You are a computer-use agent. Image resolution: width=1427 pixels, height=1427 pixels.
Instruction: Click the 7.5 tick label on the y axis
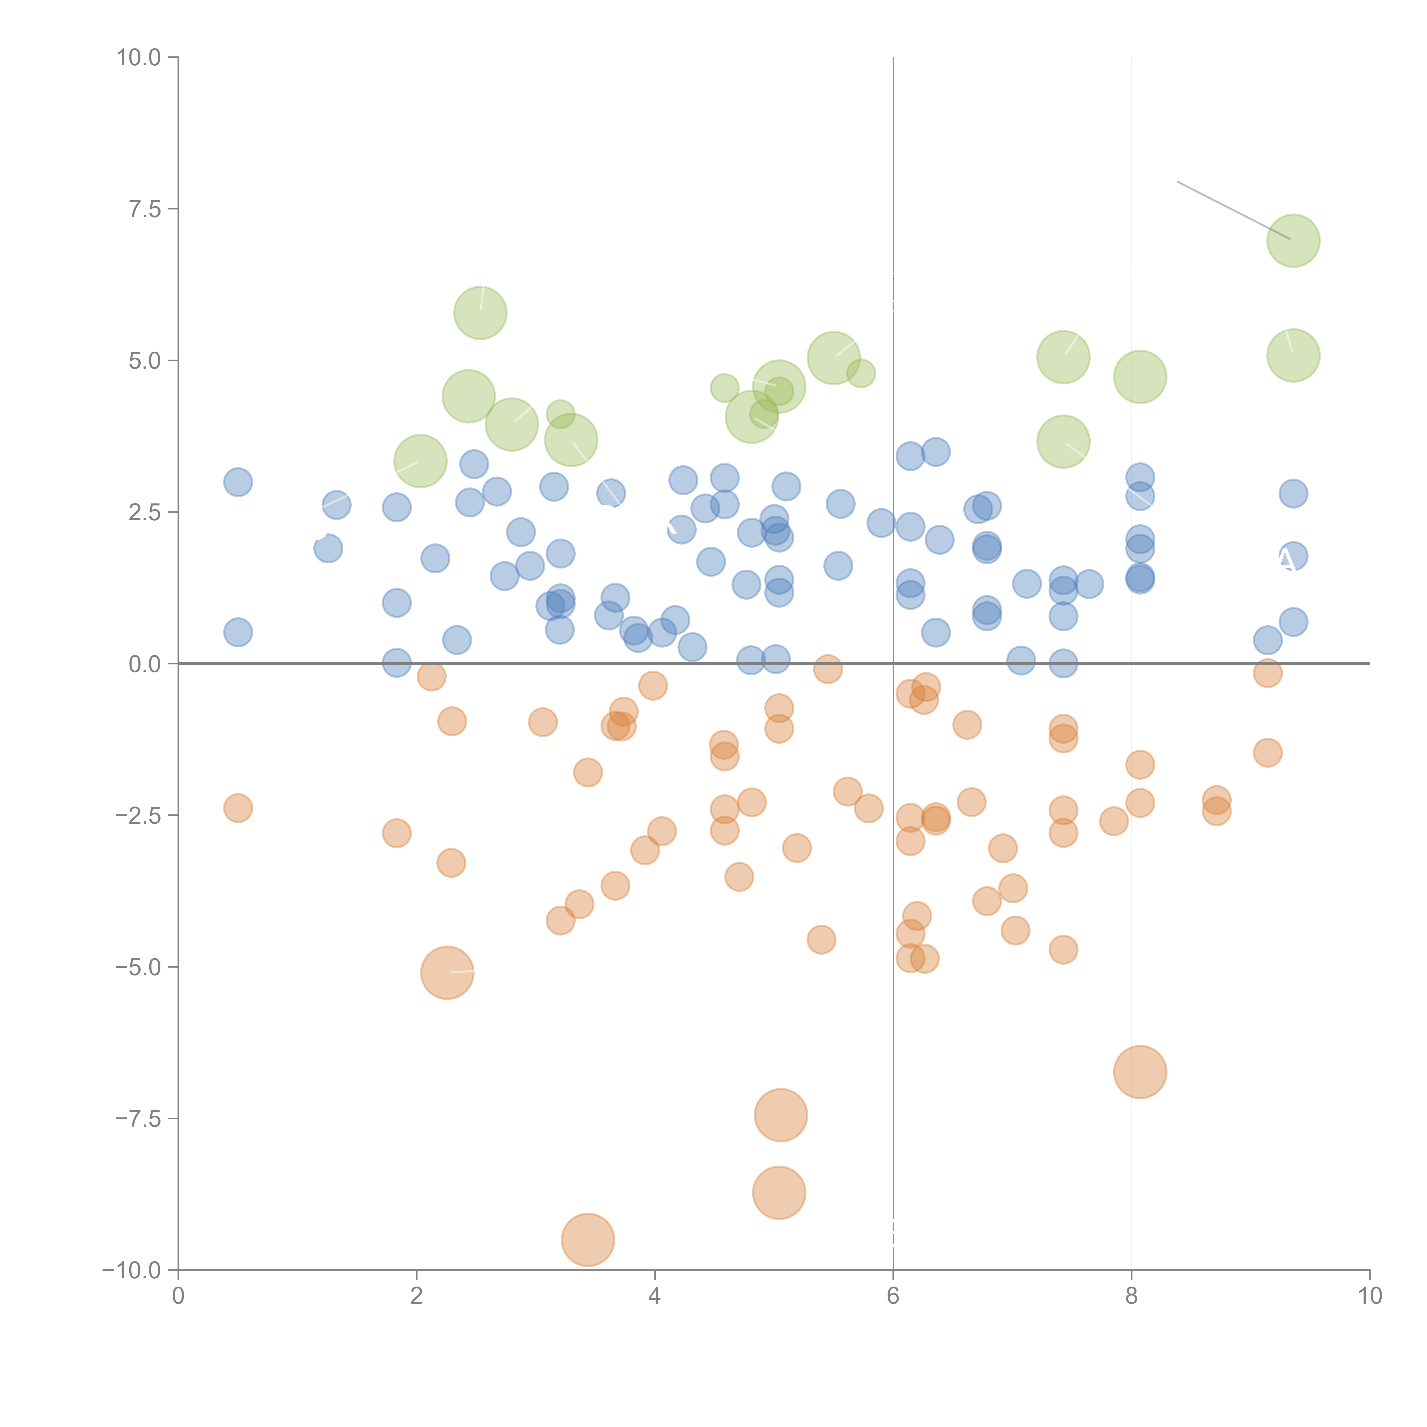145,209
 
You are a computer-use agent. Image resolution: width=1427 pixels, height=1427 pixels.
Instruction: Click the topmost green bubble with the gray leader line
1293,241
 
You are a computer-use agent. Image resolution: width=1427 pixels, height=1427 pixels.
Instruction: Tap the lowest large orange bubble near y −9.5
588,1239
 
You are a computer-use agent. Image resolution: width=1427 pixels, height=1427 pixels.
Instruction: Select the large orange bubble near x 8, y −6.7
1140,1072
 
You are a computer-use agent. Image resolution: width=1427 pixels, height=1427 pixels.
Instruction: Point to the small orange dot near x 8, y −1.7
1140,765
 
